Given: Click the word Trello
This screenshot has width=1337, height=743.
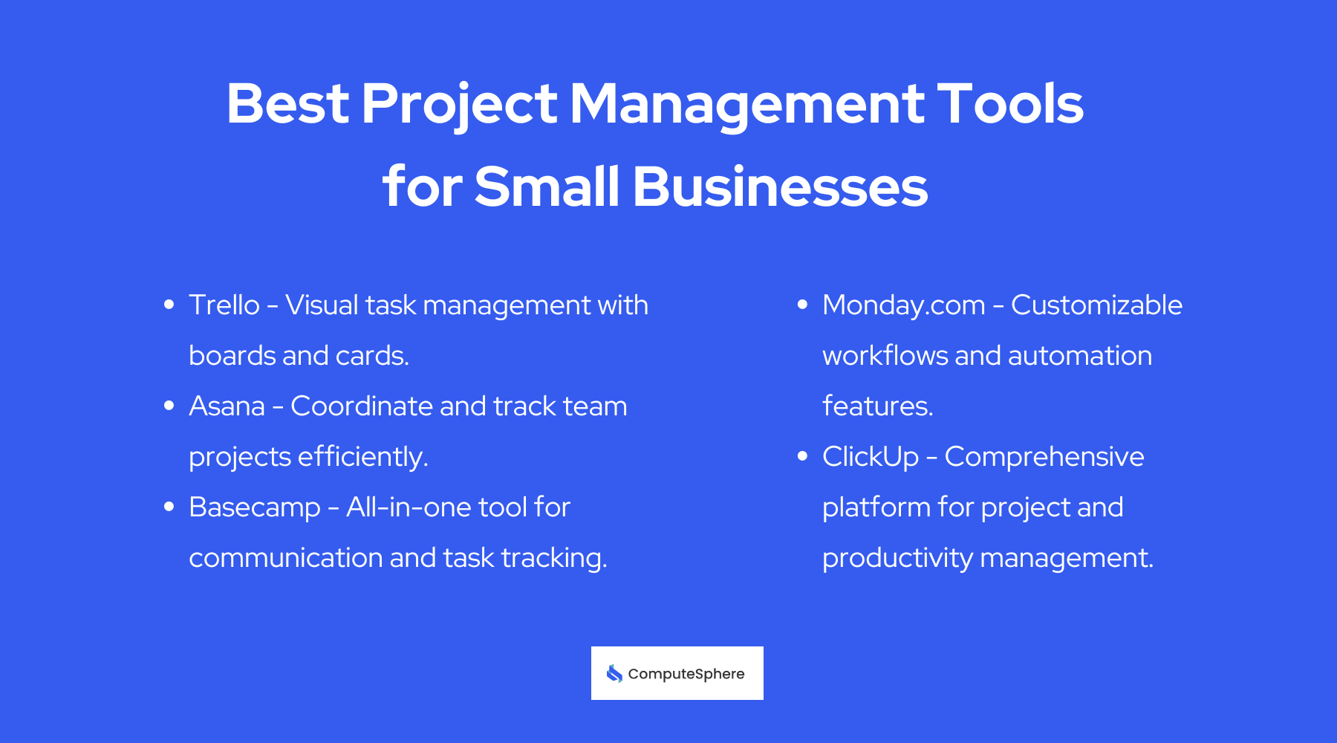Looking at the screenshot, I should (x=224, y=305).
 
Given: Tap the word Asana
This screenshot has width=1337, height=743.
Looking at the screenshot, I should (x=227, y=406).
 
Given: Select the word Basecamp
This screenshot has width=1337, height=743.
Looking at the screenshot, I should (x=254, y=507).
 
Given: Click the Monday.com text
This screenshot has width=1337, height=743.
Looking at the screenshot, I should (x=903, y=305).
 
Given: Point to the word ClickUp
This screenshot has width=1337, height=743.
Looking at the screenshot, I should (x=871, y=457).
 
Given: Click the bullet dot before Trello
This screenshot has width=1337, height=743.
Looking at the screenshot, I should (x=169, y=305).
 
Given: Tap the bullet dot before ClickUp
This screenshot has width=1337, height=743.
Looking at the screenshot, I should (x=802, y=456).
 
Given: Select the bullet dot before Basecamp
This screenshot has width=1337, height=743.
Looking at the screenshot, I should (x=169, y=507).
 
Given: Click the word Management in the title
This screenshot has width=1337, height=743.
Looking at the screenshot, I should (x=746, y=104).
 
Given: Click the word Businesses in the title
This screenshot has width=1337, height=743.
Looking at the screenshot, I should (x=780, y=186).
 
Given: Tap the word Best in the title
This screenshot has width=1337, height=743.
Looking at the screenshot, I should (x=287, y=104).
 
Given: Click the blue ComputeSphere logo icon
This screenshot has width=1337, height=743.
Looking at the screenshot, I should (x=614, y=673).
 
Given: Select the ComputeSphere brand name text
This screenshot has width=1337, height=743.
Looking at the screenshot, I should (x=686, y=674).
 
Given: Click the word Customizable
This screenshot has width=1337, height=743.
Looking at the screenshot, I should (x=1096, y=305).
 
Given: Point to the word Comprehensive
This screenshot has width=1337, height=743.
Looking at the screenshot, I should (x=1044, y=457).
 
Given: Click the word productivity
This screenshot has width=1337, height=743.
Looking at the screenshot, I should (x=897, y=558).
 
